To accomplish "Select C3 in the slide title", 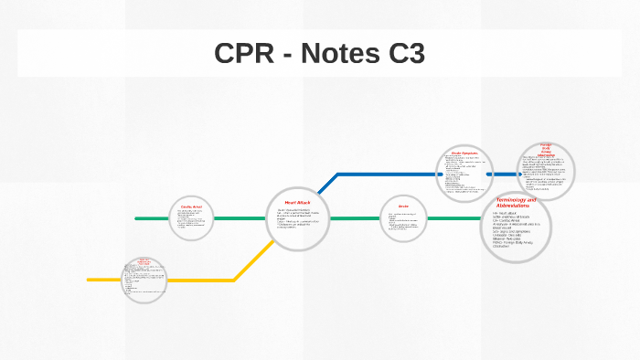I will [x=406, y=54].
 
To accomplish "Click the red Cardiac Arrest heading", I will [x=191, y=206].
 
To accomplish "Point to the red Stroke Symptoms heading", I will [x=464, y=153].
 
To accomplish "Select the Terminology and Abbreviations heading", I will [x=516, y=203].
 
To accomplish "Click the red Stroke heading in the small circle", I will [x=402, y=206].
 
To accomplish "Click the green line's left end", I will [x=138, y=218].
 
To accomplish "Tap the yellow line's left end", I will [x=91, y=279].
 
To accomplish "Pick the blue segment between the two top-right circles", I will [x=502, y=173].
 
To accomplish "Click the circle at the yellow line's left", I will [x=144, y=279].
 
